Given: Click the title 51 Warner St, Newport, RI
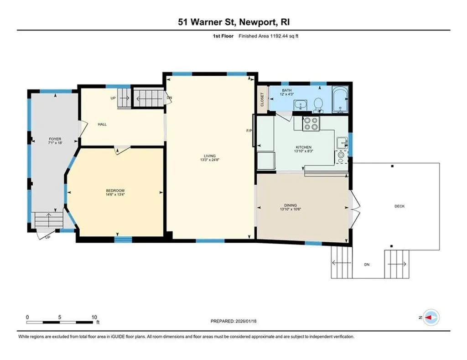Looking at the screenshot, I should (233, 22).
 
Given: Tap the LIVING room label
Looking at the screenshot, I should (210, 156).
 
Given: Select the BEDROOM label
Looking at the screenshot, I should (115, 190).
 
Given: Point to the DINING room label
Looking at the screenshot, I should (291, 206).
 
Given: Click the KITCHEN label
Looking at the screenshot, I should (303, 147).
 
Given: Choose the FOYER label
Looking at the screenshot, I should (55, 139).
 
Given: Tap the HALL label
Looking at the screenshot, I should (102, 124).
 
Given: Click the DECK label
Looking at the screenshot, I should (399, 206).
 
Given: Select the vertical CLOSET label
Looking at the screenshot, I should (262, 99).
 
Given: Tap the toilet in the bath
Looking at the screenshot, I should (319, 104).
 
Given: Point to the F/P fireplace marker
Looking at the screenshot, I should (249, 131).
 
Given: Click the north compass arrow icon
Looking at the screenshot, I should (430, 316).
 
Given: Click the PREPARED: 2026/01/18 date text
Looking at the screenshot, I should (233, 321).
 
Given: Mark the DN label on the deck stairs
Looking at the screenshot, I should (366, 264).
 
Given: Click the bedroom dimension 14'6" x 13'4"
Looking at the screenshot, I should (115, 195).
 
